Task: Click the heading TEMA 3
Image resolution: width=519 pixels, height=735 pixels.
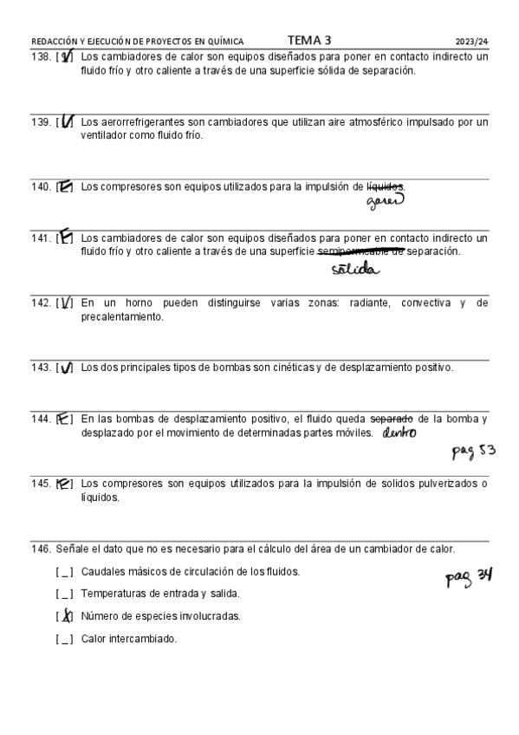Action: (x=308, y=40)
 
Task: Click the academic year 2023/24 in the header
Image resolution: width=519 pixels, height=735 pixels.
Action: (x=471, y=41)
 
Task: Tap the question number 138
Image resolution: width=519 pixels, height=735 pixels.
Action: (x=41, y=57)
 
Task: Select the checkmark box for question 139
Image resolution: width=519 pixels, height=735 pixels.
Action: (x=65, y=122)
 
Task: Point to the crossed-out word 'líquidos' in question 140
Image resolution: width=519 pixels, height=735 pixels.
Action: (x=386, y=186)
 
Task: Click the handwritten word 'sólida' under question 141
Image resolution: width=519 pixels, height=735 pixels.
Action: (x=354, y=270)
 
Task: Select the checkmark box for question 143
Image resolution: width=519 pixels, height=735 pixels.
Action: (x=65, y=367)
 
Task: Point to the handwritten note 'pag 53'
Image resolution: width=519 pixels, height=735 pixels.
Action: (x=474, y=451)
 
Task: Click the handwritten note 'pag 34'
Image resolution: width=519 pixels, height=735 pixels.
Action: (x=469, y=576)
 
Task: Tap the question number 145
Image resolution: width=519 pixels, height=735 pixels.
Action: (x=41, y=484)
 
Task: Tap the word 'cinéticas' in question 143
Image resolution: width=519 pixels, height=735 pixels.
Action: (x=295, y=367)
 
